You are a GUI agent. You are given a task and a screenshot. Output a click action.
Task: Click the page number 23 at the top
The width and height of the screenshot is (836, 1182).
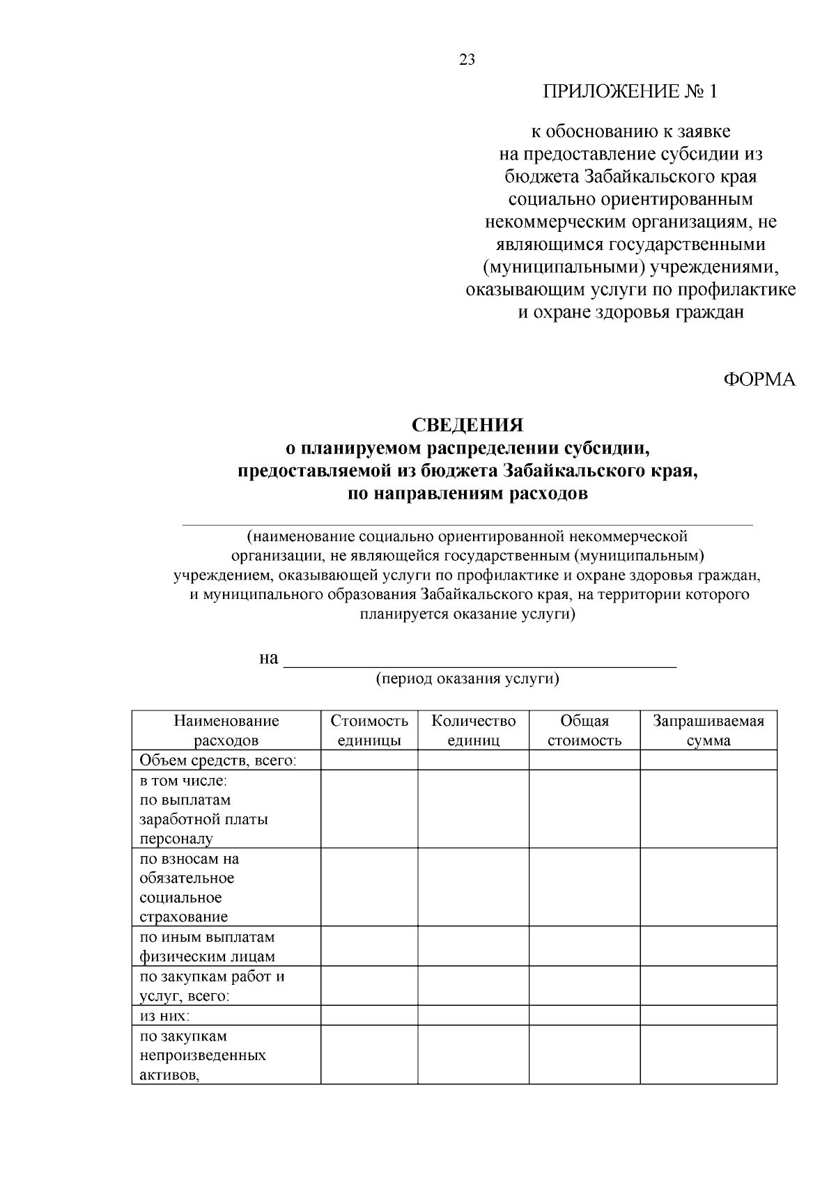tap(467, 60)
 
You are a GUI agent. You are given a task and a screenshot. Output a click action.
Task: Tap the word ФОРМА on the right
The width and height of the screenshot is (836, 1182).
tap(759, 380)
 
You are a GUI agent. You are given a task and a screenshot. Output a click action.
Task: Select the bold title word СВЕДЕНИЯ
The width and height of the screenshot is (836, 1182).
tap(467, 425)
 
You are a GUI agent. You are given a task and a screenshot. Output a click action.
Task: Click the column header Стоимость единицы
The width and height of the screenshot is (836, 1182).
tap(369, 730)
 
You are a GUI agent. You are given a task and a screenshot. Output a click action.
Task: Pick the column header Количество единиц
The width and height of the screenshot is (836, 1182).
tap(473, 730)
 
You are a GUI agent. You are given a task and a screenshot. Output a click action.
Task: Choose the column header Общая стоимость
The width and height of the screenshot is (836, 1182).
tap(584, 730)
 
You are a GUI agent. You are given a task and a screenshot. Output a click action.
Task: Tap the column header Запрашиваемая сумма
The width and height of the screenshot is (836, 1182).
tap(708, 730)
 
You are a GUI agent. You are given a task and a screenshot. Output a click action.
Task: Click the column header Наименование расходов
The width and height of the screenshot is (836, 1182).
tap(226, 730)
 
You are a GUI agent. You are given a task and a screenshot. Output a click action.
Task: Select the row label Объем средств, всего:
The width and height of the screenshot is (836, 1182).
tap(218, 760)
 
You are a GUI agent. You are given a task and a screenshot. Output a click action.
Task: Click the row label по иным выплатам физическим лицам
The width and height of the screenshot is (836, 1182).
tap(207, 946)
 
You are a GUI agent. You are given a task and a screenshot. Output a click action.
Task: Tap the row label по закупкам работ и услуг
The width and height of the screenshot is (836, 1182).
tap(211, 986)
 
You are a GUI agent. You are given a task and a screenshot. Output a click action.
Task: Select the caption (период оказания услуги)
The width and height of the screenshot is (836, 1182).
tap(467, 679)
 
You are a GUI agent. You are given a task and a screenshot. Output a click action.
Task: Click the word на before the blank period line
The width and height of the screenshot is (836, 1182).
tap(268, 658)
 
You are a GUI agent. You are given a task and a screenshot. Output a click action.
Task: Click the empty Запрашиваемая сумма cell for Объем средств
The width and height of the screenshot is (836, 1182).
tap(708, 760)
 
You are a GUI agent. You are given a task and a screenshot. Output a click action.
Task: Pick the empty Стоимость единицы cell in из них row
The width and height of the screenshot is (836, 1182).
tap(369, 1016)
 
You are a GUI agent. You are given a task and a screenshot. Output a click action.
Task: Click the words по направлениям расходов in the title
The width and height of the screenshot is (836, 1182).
tap(467, 495)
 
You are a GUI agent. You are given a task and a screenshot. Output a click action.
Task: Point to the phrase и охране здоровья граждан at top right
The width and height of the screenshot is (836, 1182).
tap(630, 312)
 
